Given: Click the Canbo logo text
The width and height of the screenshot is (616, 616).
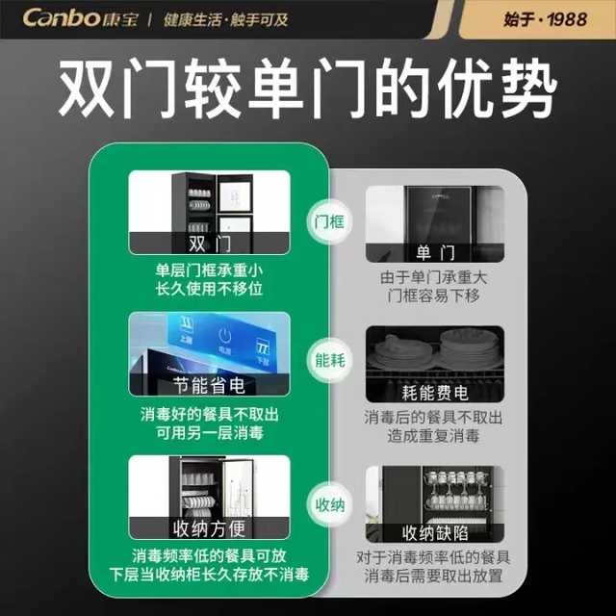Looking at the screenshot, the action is (62, 18).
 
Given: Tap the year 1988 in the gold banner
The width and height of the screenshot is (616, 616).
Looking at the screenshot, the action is (567, 19).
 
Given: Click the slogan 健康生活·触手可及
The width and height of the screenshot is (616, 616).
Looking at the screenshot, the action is (226, 19).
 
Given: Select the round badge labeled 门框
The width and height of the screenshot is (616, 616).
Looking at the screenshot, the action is (329, 222).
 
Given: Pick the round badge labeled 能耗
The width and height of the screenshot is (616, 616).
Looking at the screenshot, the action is (330, 360).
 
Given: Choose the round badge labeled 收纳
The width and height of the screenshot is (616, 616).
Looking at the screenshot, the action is (330, 504).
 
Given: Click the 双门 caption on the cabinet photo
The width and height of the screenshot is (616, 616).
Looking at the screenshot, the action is (210, 244).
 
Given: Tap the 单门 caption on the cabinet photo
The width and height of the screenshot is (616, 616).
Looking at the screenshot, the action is (435, 252).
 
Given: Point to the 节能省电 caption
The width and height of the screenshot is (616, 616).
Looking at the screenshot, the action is (210, 385).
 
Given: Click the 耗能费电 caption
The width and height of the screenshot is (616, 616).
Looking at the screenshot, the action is (435, 393).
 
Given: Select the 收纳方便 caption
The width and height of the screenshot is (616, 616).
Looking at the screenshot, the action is (210, 528).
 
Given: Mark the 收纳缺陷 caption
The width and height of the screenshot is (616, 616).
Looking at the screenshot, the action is (435, 533).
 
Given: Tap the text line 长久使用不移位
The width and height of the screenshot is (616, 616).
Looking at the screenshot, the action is (209, 289).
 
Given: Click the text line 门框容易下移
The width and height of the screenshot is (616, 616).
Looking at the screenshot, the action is (434, 295).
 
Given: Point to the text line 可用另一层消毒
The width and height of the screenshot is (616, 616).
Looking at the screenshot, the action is (210, 433).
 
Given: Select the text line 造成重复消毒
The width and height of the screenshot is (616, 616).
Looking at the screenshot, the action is (434, 436).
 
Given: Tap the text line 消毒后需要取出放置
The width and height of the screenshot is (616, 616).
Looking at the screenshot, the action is (433, 576).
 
